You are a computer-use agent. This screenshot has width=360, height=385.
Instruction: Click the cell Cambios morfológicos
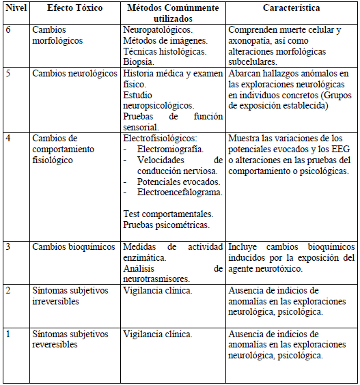click(57, 35)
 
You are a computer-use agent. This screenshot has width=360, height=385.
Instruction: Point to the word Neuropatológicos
click(158, 31)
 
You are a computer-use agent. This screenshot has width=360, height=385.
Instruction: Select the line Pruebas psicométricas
click(166, 225)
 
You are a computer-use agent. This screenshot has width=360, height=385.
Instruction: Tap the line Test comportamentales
click(167, 214)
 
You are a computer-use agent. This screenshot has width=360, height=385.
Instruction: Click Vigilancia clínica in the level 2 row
click(157, 290)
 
